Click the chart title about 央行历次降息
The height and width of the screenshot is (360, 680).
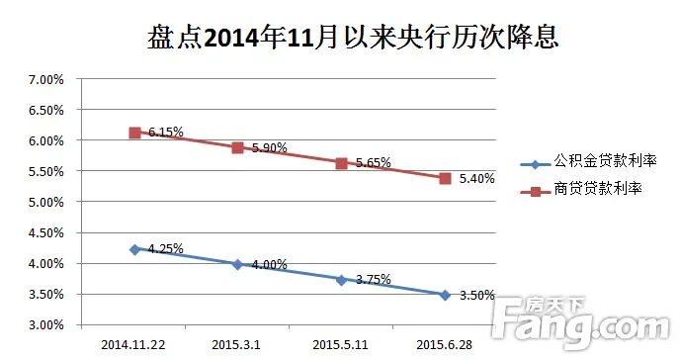click(339, 39)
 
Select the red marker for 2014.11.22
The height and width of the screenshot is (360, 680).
click(134, 133)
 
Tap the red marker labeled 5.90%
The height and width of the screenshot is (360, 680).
click(237, 147)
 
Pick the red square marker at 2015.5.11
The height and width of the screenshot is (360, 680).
click(341, 163)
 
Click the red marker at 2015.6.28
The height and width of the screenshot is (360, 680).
click(445, 178)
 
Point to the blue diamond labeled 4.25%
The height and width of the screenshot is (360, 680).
click(134, 250)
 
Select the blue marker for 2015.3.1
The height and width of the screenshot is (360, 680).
click(237, 265)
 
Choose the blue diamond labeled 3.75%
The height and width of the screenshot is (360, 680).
click(341, 280)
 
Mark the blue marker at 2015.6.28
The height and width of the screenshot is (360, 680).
click(445, 295)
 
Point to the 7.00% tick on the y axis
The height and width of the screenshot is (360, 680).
click(45, 79)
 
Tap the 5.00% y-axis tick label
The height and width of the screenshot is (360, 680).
click(45, 202)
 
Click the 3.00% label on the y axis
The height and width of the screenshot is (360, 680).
click(45, 324)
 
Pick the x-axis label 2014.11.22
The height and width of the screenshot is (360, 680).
click(134, 344)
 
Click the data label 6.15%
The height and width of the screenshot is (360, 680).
click(167, 132)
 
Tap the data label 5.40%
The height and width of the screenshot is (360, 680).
click(476, 179)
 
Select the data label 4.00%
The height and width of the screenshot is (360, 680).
click(269, 264)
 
